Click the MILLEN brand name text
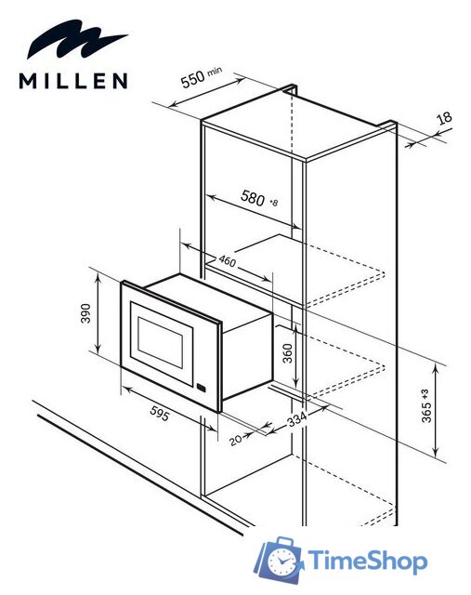(73, 82)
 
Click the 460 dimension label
(227, 261)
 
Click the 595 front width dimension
(160, 416)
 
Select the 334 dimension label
(295, 420)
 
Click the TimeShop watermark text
(367, 562)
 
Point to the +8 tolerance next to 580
(273, 202)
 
